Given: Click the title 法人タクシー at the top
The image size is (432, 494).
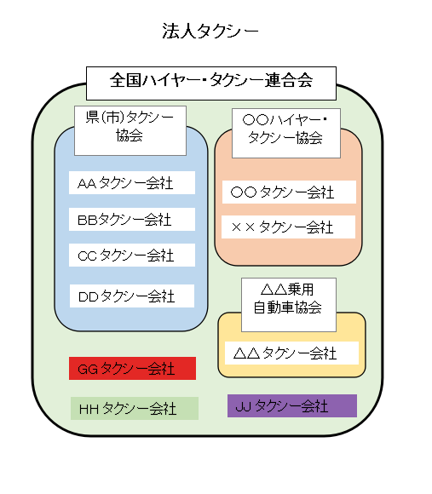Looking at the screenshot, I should [x=210, y=32].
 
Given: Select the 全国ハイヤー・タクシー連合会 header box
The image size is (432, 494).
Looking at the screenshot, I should [x=211, y=82].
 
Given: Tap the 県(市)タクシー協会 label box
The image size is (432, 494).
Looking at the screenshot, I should [x=130, y=130].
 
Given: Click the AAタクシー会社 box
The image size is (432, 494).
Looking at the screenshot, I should [x=132, y=183].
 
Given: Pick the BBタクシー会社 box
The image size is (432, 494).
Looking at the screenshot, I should [x=132, y=220].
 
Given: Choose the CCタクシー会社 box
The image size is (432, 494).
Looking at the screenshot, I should [x=132, y=255].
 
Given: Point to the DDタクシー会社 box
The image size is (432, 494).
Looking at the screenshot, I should [x=132, y=296].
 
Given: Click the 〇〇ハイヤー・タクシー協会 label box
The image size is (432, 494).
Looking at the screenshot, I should [x=285, y=130].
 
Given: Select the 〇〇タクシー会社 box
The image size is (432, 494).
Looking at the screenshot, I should [x=288, y=192].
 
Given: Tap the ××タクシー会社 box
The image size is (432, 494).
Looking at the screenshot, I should [x=288, y=227].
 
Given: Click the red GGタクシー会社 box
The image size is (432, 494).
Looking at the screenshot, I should [x=132, y=368].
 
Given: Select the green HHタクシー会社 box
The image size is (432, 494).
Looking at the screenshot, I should [x=134, y=409].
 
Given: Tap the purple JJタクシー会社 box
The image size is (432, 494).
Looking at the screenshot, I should [x=291, y=405].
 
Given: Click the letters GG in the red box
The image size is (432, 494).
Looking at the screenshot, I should [x=88, y=369].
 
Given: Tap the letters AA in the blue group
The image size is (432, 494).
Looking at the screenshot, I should [x=87, y=184].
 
